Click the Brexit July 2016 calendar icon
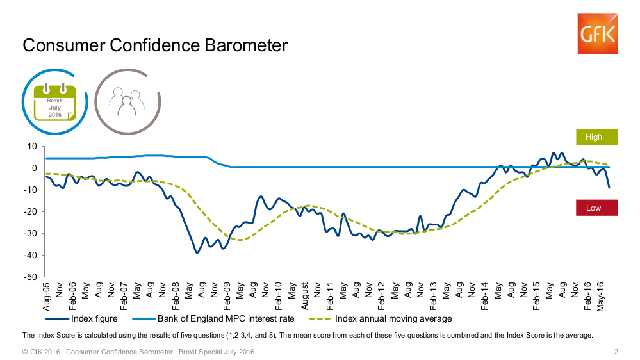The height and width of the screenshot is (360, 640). pos(54,102)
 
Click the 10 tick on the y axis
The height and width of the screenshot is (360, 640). pos(31,146)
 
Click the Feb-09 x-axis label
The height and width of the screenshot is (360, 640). pos(227,296)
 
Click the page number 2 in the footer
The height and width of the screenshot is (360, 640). pos(616,352)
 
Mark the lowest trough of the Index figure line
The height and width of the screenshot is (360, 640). pos(197,253)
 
